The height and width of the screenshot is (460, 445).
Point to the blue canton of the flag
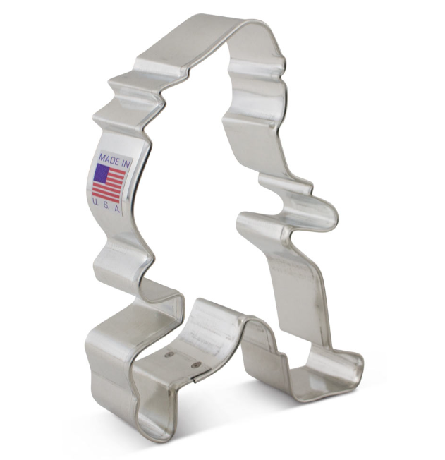click(x=101, y=172)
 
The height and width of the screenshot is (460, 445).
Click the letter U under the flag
click(x=95, y=201)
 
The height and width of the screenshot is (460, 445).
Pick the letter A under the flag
click(x=117, y=210)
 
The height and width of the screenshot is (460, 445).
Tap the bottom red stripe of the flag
click(x=106, y=200)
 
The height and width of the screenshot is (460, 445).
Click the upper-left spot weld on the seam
click(x=168, y=355)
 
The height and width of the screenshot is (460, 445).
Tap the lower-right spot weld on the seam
click(x=195, y=365)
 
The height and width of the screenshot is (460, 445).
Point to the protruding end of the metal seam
click(x=194, y=380)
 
